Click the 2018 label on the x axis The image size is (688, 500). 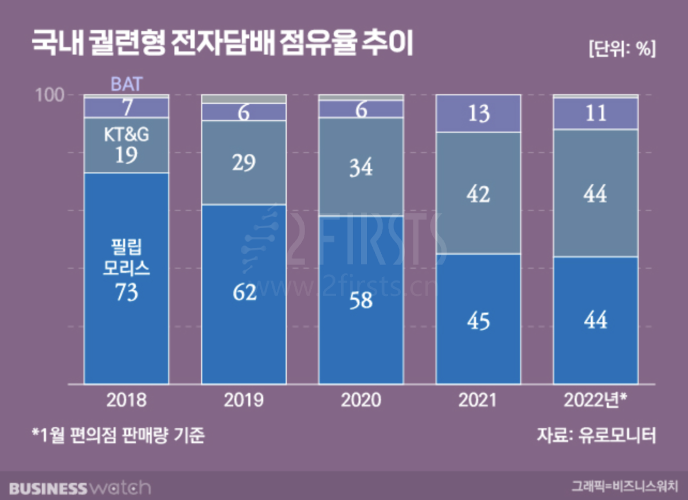pyautogui.click(x=126, y=400)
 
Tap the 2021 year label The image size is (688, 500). pyautogui.click(x=478, y=400)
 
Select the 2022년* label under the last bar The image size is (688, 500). pyautogui.click(x=596, y=400)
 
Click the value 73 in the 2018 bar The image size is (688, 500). pyautogui.click(x=126, y=293)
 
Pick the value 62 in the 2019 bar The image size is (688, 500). pyautogui.click(x=244, y=293)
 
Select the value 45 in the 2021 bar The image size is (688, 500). pyautogui.click(x=478, y=321)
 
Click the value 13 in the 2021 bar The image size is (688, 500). pyautogui.click(x=478, y=114)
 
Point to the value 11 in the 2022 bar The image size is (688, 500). pyautogui.click(x=596, y=114)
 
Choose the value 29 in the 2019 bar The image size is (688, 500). pyautogui.click(x=244, y=163)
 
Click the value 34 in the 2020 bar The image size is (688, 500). pyautogui.click(x=361, y=168)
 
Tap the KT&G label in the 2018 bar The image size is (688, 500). pyautogui.click(x=126, y=135)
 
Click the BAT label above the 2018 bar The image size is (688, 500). pyautogui.click(x=126, y=85)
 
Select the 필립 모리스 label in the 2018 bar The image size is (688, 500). pyautogui.click(x=126, y=258)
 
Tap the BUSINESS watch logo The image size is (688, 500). pyautogui.click(x=80, y=488)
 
